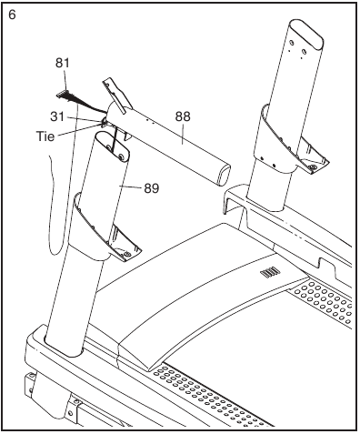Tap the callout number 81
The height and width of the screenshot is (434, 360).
62,63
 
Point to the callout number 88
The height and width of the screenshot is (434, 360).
182,116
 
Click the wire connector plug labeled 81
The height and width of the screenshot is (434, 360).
64,92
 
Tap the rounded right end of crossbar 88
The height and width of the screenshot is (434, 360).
218,173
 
